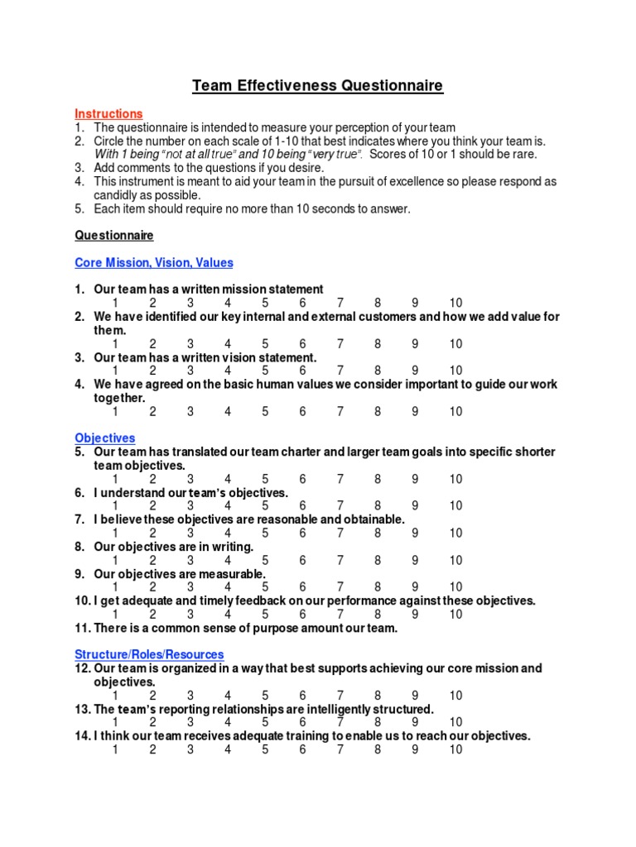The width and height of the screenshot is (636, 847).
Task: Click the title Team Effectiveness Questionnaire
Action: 318,85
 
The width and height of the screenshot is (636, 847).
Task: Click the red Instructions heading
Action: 108,113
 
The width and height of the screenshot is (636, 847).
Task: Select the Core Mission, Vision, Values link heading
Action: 154,263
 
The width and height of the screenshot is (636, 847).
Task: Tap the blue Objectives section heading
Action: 105,438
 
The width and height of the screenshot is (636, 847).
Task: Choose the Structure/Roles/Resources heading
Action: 149,653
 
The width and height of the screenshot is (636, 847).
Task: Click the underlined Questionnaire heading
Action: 114,236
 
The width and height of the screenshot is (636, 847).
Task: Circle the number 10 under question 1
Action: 456,303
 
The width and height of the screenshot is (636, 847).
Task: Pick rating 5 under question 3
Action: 266,371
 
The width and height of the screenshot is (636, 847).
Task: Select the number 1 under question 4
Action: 115,411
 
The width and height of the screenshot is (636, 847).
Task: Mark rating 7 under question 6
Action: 340,505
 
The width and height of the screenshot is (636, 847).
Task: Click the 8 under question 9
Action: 378,587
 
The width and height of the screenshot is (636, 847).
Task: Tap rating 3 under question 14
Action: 190,749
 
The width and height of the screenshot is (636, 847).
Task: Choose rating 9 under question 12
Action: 415,696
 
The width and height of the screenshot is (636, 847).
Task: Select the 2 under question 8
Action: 153,560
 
